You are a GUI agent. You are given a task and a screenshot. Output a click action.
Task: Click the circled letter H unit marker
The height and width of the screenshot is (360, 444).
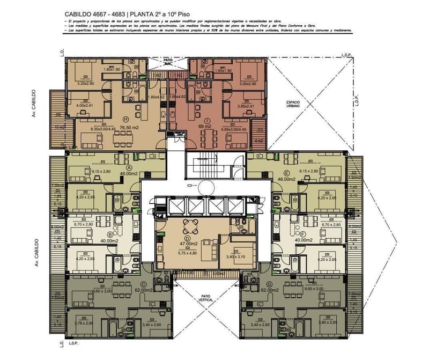click(x=110, y=119)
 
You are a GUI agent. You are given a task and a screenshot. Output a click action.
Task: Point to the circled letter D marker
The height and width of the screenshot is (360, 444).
click(x=187, y=239)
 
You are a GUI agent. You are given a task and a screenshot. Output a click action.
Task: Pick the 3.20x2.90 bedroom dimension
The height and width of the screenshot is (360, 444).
click(x=85, y=84)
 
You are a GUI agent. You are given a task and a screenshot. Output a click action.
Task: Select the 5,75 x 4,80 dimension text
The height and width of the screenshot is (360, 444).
click(x=187, y=253)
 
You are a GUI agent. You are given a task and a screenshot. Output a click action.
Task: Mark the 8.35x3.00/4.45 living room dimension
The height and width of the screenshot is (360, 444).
click(x=103, y=129)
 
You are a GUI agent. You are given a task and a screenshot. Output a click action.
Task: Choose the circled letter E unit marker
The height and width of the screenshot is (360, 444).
click(x=287, y=173)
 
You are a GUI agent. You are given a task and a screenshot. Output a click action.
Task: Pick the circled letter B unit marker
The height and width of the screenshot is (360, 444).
click(x=110, y=234)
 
